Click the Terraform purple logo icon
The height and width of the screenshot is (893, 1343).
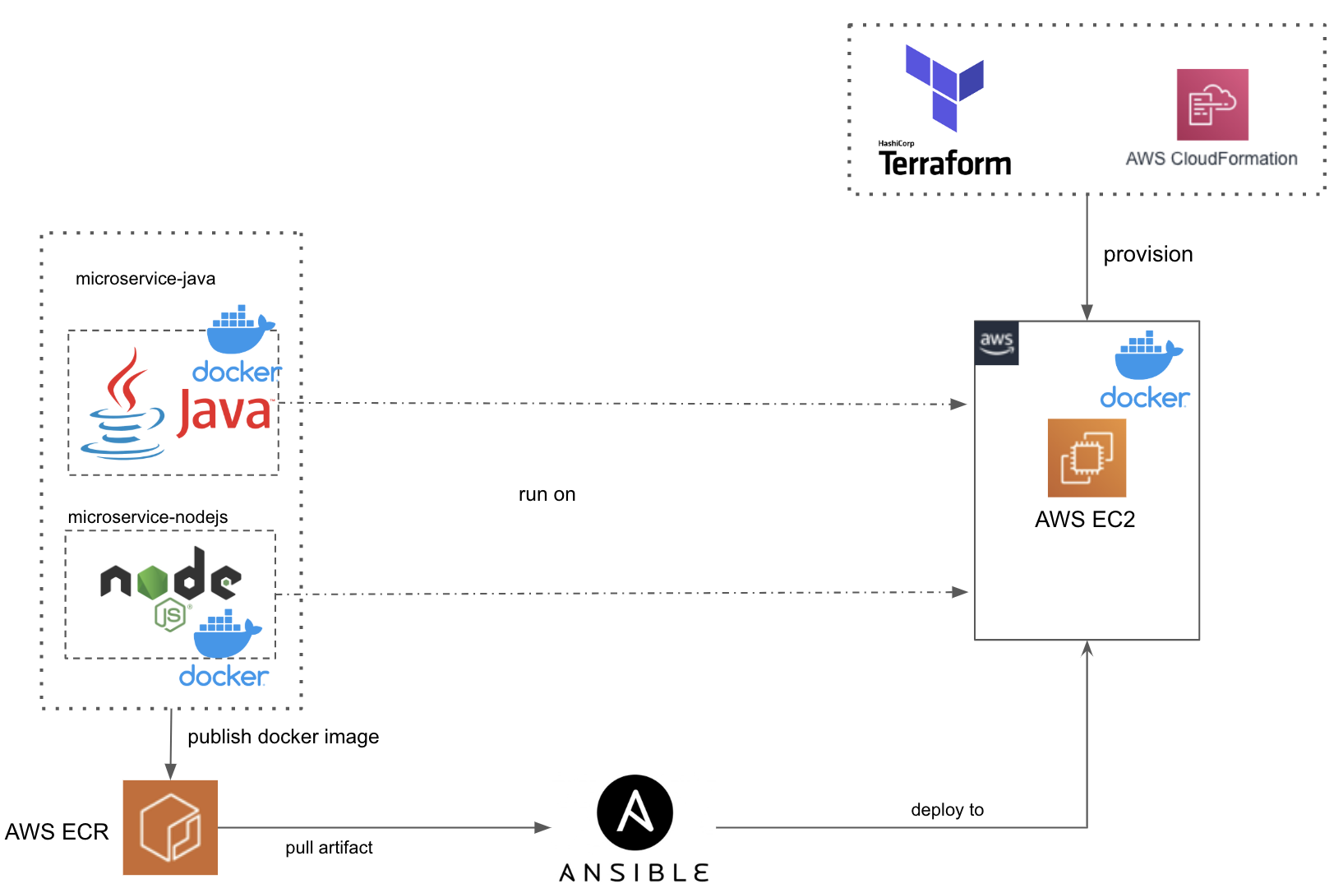[x=944, y=87]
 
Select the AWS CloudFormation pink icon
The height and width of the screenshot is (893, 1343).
[x=1212, y=104]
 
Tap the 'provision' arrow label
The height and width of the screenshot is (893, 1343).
[x=1147, y=254]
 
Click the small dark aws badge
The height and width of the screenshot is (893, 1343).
[x=996, y=343]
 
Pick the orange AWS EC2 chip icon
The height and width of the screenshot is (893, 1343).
[x=1087, y=458]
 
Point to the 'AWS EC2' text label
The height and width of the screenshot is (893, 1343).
[x=1085, y=520]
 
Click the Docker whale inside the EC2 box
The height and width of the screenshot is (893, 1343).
[x=1147, y=355]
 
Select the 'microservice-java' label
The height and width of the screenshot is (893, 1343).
[x=145, y=279]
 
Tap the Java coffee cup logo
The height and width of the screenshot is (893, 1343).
[x=123, y=407]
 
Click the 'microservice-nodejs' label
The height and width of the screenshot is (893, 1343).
[x=148, y=517]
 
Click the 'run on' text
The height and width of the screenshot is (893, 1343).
[x=547, y=494]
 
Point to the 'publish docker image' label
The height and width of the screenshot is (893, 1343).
[x=283, y=737]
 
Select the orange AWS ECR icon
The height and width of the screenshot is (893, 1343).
[x=170, y=827]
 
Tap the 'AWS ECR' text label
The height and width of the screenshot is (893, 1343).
[x=57, y=832]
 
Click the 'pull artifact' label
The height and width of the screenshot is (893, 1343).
[x=329, y=848]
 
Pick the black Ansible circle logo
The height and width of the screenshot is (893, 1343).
[x=635, y=812]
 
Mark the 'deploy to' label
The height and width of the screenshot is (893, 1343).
[x=947, y=810]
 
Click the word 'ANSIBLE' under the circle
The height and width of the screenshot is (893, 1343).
[x=634, y=873]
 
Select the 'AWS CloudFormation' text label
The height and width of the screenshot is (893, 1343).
[x=1211, y=159]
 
